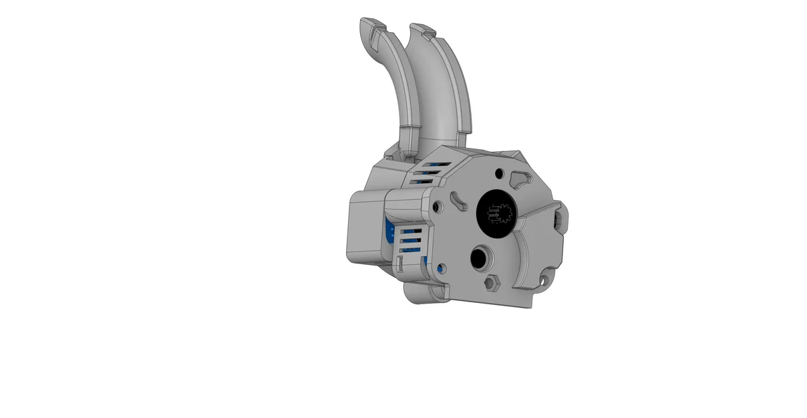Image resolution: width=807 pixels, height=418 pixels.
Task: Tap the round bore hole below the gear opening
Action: pyautogui.click(x=480, y=257)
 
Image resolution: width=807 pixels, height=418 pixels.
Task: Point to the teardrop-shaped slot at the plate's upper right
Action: pyautogui.click(x=520, y=177)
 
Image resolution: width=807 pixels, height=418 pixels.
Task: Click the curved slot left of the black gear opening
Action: pyautogui.click(x=458, y=199)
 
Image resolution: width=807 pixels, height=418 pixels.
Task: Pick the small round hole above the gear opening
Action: pyautogui.click(x=500, y=173)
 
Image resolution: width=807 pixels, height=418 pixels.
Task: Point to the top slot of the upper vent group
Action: pyautogui.click(x=437, y=163)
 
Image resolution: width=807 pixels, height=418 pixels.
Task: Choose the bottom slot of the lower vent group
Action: pyautogui.click(x=408, y=251)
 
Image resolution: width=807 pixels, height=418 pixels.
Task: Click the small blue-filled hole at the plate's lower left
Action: pyautogui.click(x=441, y=268)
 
